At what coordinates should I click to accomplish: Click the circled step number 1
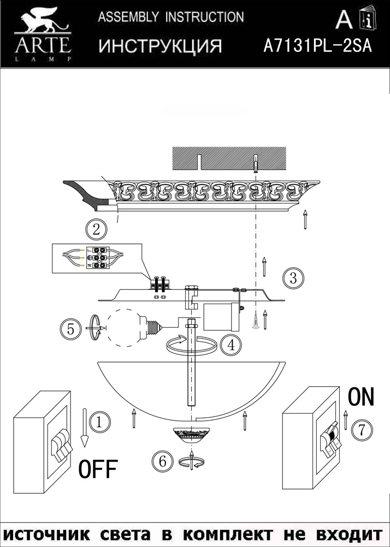click(x=100, y=422)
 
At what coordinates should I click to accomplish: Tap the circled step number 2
click(x=96, y=230)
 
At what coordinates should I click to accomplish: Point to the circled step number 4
click(x=231, y=345)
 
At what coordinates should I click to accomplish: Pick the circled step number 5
click(x=71, y=329)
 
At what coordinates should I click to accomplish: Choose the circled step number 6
click(x=162, y=462)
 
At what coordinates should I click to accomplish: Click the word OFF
click(x=98, y=469)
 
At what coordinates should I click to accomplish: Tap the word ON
click(x=361, y=397)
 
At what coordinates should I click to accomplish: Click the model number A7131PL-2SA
click(x=317, y=46)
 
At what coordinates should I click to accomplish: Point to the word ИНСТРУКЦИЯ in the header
click(x=160, y=46)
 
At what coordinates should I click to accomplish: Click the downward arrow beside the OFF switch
click(x=84, y=428)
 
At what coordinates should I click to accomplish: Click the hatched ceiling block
click(x=229, y=159)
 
